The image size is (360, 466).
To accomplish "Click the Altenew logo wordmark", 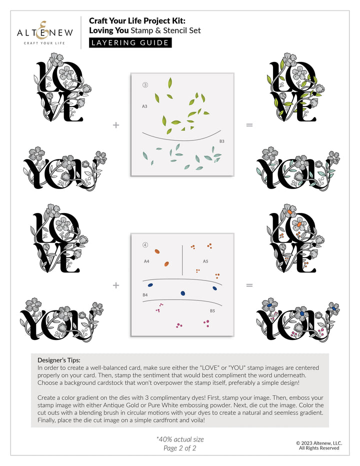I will [45, 32].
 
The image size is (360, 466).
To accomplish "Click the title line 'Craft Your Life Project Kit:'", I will [137, 20].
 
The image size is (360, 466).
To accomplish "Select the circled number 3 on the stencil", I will [145, 85].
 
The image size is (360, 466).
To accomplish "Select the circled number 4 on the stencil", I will [145, 245].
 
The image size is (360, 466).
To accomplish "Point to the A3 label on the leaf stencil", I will [144, 106].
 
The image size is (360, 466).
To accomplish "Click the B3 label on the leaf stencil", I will [221, 141].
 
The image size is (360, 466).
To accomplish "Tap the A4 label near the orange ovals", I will [146, 261].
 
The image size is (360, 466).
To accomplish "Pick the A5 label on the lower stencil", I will [205, 261].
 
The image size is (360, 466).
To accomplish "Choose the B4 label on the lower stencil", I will [145, 295].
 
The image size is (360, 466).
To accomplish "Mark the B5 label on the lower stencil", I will [212, 310].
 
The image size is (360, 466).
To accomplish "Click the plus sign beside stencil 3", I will [116, 125].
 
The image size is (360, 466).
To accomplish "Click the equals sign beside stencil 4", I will [249, 285].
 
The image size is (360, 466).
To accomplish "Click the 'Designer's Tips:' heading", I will [59, 359].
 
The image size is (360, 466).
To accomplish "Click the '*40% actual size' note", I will [180, 439].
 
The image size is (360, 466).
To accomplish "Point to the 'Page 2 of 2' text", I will [180, 448].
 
